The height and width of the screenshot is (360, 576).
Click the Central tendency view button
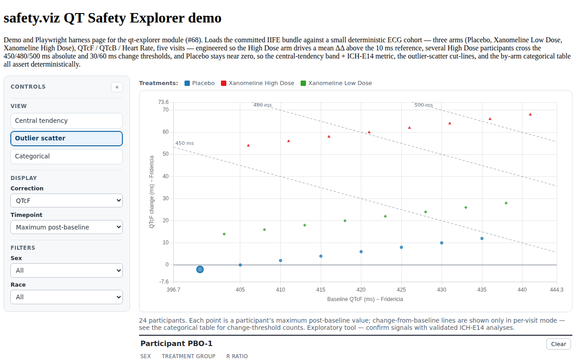coord(67,121)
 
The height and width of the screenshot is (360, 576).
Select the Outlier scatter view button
coord(67,138)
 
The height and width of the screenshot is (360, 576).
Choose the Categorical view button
coord(67,156)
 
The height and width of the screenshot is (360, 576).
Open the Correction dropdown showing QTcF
coord(67,201)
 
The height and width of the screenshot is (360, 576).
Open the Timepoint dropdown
coord(67,227)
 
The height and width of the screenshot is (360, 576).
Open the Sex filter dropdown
coord(67,270)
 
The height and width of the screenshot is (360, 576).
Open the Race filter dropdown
coord(67,297)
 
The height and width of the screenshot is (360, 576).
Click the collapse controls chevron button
coord(117,87)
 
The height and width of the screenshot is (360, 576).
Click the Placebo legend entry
coord(199,83)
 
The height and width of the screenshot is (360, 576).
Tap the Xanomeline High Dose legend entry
coord(257,83)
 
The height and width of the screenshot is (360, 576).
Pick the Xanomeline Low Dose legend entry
coord(336,83)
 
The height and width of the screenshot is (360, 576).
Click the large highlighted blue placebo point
coord(200,269)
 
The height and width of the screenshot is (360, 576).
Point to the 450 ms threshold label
coord(184,143)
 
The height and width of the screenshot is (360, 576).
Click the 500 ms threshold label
coord(423,105)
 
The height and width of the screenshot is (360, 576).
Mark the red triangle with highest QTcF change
coord(530,114)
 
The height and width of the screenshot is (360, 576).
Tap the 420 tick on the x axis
coord(361,289)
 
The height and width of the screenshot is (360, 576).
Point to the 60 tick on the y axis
coord(166,132)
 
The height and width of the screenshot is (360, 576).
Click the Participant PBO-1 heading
coord(176,343)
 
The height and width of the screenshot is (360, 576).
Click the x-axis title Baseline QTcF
coord(365,299)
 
